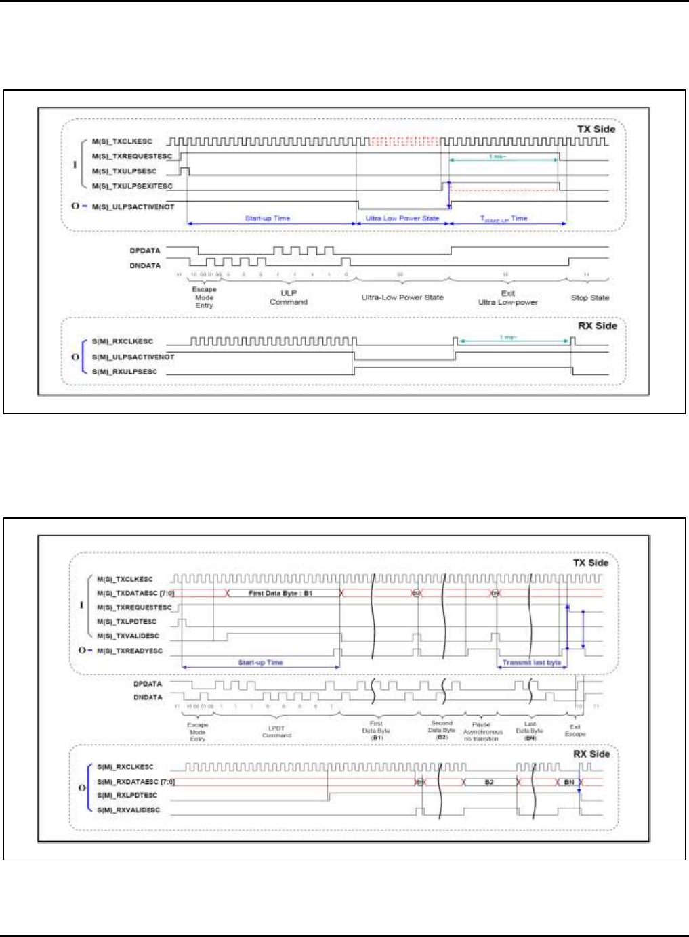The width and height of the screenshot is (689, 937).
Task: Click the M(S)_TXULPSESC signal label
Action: tap(124, 171)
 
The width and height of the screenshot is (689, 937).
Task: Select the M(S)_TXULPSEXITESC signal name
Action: tap(132, 186)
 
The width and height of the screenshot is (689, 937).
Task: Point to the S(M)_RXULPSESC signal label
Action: tap(124, 372)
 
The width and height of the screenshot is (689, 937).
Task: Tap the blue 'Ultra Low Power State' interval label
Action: tap(402, 219)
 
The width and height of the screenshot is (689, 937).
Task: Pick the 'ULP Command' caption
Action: tap(289, 297)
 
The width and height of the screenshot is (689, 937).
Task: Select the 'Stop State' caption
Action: tap(589, 297)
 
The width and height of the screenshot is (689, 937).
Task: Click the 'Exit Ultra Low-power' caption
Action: tap(508, 297)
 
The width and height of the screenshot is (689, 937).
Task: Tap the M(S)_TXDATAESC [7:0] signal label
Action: tap(135, 594)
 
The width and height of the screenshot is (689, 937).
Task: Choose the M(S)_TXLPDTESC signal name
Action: tap(127, 622)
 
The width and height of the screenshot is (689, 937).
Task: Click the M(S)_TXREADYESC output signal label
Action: tap(129, 651)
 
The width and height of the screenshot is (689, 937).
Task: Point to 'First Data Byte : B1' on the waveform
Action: tap(280, 593)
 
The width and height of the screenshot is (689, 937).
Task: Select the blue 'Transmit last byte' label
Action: tap(532, 663)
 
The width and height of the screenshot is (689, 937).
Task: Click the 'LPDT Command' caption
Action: tap(276, 732)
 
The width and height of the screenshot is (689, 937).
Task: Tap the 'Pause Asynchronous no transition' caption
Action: tap(482, 732)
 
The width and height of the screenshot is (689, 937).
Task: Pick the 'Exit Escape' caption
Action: tap(575, 731)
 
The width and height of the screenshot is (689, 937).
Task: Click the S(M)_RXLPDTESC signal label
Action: tap(127, 796)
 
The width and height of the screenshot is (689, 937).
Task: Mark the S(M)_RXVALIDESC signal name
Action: tap(128, 810)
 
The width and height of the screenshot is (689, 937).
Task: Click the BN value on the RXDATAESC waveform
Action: tap(569, 782)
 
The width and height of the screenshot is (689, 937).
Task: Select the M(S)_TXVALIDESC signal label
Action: tap(128, 636)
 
